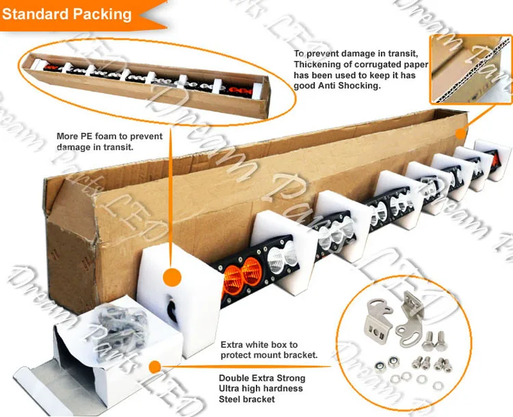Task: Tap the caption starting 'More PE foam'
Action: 109,142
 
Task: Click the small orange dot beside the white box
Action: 155,368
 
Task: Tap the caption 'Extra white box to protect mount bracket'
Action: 269,351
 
